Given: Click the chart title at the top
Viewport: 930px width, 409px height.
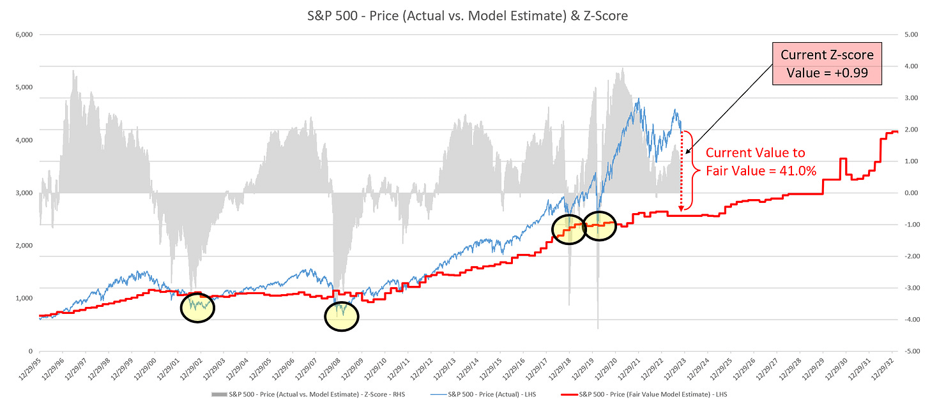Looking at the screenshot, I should pos(464,15).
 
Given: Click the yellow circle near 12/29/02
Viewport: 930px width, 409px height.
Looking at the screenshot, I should pos(197,308).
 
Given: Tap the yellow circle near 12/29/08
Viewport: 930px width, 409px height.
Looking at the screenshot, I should pos(342,316).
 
